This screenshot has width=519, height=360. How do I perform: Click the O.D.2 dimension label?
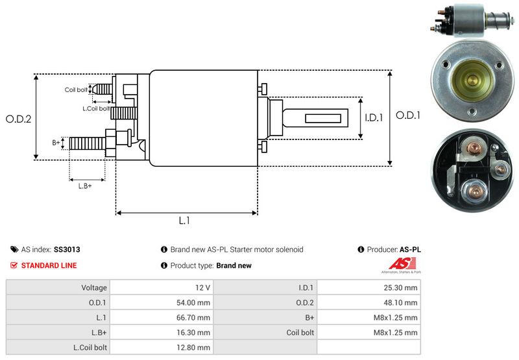tap(19, 119)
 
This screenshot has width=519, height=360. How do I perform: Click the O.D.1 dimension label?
tap(409, 115)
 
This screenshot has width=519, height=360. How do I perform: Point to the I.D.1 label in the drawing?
tap(374, 118)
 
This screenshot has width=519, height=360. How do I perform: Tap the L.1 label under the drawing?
tap(184, 221)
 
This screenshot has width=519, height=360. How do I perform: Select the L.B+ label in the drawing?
tap(85, 186)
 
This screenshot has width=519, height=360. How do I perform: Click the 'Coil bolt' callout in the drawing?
tap(76, 90)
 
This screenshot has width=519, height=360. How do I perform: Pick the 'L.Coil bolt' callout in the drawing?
tap(96, 108)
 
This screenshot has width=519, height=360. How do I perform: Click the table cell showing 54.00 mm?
tap(195, 302)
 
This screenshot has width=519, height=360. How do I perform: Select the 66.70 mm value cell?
tap(195, 317)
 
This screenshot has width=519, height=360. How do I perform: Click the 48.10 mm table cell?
tap(402, 302)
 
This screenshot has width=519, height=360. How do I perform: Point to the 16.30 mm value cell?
tap(195, 332)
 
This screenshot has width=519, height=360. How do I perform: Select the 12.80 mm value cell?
tap(195, 347)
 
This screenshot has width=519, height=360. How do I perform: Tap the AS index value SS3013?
tap(67, 249)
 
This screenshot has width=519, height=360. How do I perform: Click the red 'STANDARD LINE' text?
tap(49, 265)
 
